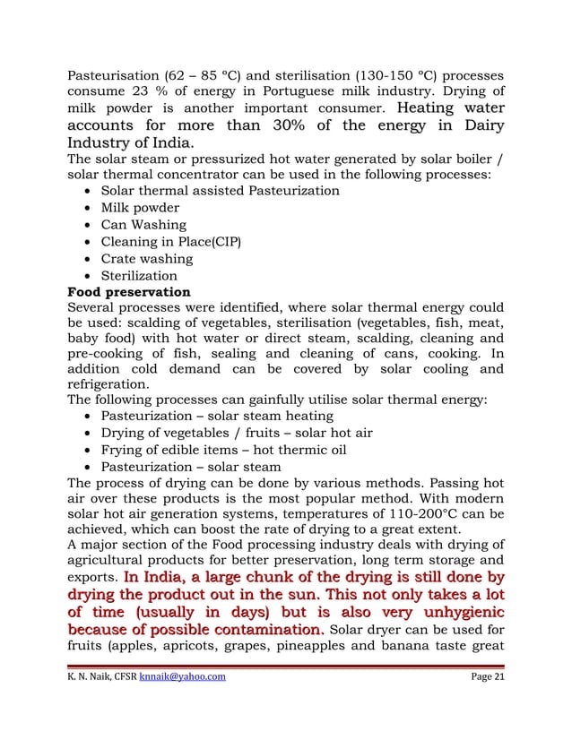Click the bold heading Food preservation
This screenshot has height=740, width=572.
[x=129, y=292]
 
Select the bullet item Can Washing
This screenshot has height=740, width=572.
[x=143, y=225]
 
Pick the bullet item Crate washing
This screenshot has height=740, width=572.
[x=146, y=259]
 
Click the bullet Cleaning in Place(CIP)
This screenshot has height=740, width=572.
[x=170, y=242]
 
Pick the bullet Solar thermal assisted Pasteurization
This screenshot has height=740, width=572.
[x=220, y=191]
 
